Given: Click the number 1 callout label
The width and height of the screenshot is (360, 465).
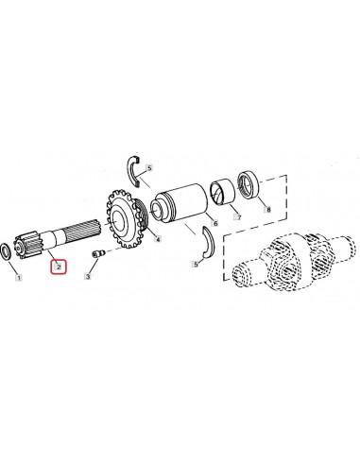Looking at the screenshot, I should (x=15, y=280).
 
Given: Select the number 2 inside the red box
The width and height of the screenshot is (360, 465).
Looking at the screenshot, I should (x=59, y=267).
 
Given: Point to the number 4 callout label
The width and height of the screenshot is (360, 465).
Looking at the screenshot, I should (x=158, y=239).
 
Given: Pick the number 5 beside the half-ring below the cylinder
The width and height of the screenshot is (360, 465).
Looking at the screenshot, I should (x=196, y=266).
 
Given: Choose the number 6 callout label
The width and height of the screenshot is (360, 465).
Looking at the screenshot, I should (x=216, y=224).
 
